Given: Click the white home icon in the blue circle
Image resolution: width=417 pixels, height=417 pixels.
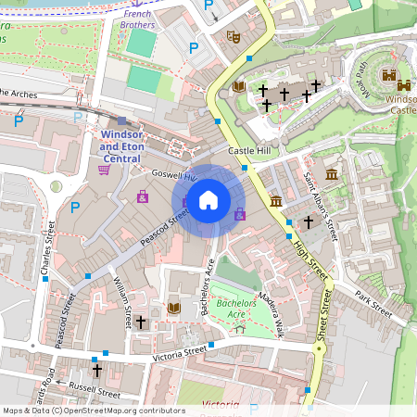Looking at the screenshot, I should pos(208,199).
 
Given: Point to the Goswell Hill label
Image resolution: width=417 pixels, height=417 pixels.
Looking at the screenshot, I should pos(176,175).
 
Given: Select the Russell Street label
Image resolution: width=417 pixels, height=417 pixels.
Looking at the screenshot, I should pos(95,392).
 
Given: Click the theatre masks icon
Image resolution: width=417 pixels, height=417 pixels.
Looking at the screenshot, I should pos(234,37).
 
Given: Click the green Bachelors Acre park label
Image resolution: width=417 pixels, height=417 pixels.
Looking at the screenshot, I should pos(235,309).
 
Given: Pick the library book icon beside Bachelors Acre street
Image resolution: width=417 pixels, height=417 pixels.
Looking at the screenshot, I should pos(173,308).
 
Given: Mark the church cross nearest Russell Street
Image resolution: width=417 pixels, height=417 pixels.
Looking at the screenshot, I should pos(96,370).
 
